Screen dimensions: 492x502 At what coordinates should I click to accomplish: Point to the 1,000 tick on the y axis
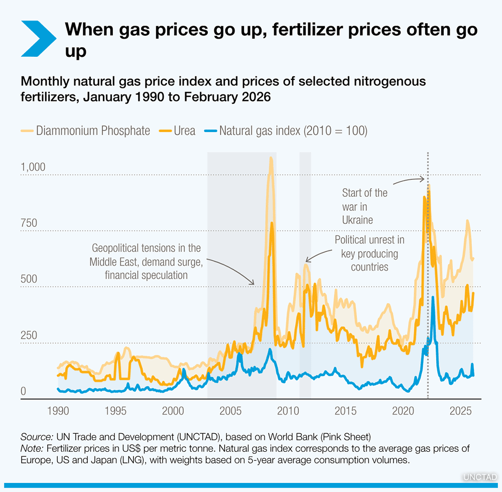33,167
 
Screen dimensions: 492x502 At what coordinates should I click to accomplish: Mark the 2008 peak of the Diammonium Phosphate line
271,159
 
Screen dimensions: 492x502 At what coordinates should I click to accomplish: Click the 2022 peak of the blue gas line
433,298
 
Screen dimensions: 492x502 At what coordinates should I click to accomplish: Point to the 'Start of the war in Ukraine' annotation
364,206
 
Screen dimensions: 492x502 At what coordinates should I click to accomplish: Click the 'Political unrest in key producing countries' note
369,253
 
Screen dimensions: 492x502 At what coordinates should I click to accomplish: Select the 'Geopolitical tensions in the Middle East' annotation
146,261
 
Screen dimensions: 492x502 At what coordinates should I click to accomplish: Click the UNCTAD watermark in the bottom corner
480,475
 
